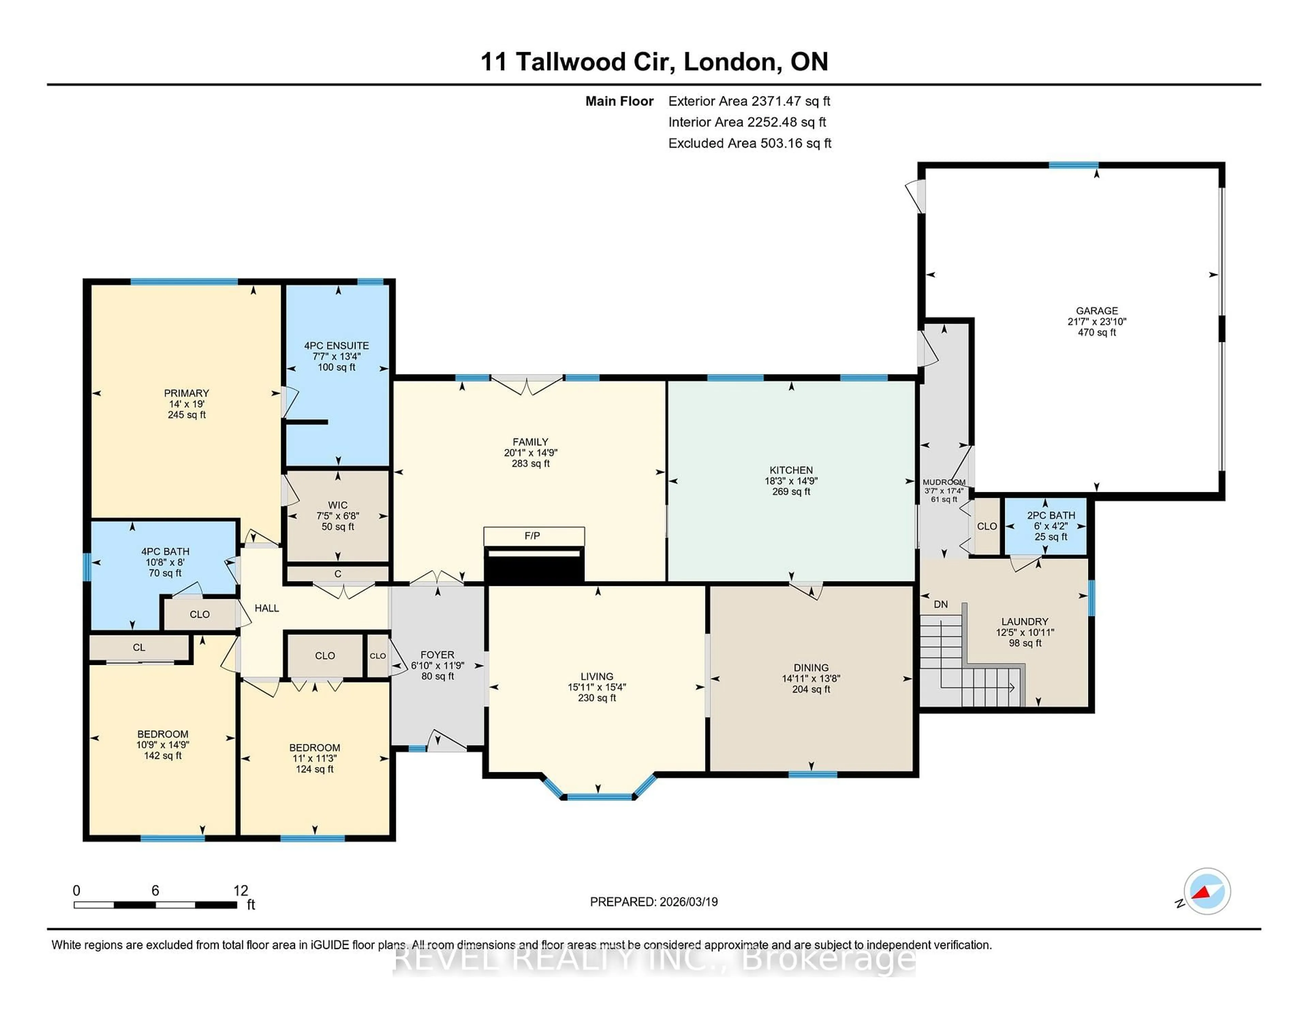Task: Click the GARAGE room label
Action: pyautogui.click(x=1096, y=310)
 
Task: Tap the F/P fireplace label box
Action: pyautogui.click(x=532, y=536)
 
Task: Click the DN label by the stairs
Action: pyautogui.click(x=941, y=604)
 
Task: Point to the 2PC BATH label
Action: pyautogui.click(x=1051, y=515)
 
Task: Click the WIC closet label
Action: pyautogui.click(x=338, y=505)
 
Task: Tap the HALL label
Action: pyautogui.click(x=266, y=608)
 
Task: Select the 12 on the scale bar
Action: pyautogui.click(x=241, y=891)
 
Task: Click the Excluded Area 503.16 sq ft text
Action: pyautogui.click(x=749, y=143)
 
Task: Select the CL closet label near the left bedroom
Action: pyautogui.click(x=139, y=648)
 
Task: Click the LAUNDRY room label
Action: pyautogui.click(x=1025, y=622)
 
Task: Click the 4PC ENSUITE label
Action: pyautogui.click(x=337, y=346)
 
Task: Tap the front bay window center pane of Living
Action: pyautogui.click(x=599, y=797)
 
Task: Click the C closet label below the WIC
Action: pyautogui.click(x=338, y=574)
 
